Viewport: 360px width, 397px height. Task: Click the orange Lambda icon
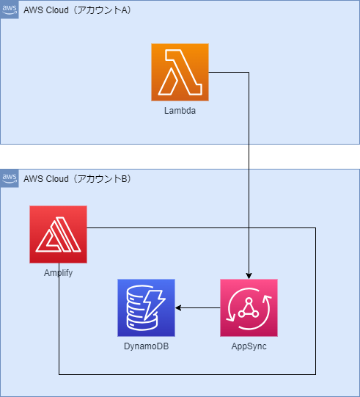pyautogui.click(x=180, y=72)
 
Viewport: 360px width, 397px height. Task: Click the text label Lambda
pyautogui.click(x=180, y=110)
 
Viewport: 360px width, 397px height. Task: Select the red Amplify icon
pyautogui.click(x=58, y=234)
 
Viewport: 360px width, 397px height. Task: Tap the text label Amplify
pyautogui.click(x=58, y=272)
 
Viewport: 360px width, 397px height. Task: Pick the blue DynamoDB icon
pyautogui.click(x=146, y=307)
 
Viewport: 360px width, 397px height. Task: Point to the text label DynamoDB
pyautogui.click(x=146, y=346)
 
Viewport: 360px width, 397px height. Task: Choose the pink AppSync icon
pyautogui.click(x=249, y=307)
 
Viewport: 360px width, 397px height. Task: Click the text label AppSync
pyautogui.click(x=249, y=346)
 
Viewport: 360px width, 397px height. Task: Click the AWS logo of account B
pyautogui.click(x=9, y=178)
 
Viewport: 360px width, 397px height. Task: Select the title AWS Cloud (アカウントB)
pyautogui.click(x=77, y=178)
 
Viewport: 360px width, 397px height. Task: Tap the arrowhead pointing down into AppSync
pyautogui.click(x=249, y=274)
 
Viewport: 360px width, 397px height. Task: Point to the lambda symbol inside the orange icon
pyautogui.click(x=180, y=72)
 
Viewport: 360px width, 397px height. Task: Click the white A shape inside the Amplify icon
pyautogui.click(x=58, y=236)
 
